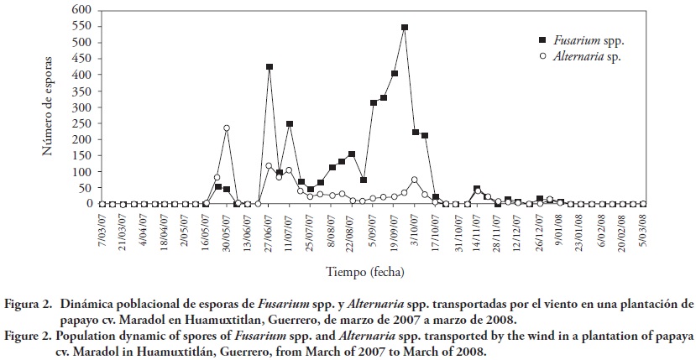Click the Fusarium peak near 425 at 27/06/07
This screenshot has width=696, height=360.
[x=269, y=67]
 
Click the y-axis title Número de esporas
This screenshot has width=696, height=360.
[x=49, y=107]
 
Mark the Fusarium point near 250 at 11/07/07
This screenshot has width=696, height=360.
[x=290, y=124]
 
